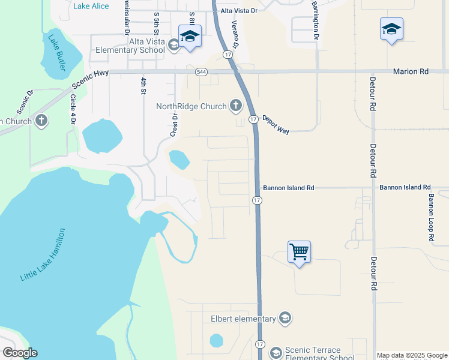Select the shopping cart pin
[299, 252]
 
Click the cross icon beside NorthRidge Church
[235, 107]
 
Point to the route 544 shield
[201, 71]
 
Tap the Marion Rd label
[411, 71]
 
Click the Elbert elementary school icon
[285, 319]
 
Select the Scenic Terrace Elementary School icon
[276, 352]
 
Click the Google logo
[19, 353]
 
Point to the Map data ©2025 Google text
[411, 355]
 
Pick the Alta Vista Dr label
[238, 11]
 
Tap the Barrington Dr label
[315, 20]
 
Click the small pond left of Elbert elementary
[216, 341]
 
